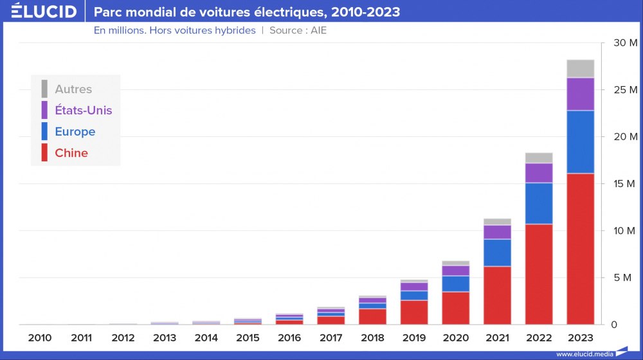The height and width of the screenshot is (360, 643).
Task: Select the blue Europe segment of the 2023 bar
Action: click(580, 142)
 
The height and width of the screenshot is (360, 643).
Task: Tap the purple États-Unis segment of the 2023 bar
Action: click(580, 94)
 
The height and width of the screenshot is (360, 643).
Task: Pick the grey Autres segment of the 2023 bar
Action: click(580, 68)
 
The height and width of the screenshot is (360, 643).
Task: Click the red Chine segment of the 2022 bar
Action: click(539, 274)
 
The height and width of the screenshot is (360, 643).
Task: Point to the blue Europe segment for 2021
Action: click(497, 253)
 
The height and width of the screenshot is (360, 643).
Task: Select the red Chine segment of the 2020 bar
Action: click(455, 308)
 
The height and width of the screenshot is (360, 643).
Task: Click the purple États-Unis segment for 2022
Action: click(539, 173)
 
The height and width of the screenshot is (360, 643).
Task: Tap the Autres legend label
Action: click(73, 89)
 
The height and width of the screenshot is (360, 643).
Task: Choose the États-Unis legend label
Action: click(83, 110)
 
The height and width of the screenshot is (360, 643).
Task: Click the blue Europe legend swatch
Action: click(44, 131)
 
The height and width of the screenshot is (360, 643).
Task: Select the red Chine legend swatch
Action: click(44, 153)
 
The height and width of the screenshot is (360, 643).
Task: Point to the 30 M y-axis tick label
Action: click(624, 43)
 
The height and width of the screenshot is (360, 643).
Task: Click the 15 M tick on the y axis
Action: click(624, 184)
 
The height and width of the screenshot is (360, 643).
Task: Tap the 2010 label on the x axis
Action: click(40, 337)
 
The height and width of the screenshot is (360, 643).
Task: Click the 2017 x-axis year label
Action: click(331, 337)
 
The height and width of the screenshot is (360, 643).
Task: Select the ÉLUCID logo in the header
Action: click(43, 12)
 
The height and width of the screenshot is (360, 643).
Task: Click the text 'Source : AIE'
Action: click(298, 30)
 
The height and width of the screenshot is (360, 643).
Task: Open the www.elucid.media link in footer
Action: click(584, 354)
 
